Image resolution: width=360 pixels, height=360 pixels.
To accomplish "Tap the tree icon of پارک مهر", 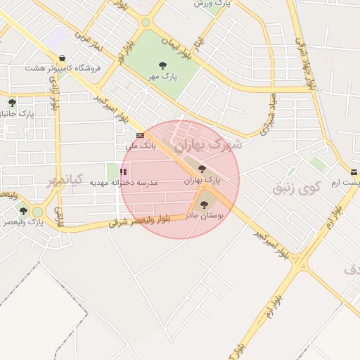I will [162, 65].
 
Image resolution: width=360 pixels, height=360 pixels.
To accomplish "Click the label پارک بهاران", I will [202, 181].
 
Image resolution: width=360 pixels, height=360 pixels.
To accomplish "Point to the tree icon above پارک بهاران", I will [202, 169].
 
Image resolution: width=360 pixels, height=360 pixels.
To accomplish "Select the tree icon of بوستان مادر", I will [205, 205].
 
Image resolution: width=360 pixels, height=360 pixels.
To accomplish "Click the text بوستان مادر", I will [205, 217].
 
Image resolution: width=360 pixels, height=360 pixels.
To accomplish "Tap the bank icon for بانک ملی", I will [141, 135].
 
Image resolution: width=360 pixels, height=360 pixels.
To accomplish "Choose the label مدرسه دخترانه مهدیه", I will [124, 182].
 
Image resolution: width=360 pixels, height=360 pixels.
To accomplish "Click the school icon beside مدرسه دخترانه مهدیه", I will [124, 172].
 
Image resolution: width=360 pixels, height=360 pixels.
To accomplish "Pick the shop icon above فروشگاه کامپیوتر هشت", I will [63, 58].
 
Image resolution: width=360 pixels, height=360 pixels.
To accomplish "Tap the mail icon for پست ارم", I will [354, 172].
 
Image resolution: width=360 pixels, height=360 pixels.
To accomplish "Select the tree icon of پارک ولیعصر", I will [23, 211].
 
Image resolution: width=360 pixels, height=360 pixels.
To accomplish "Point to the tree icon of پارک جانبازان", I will [12, 103].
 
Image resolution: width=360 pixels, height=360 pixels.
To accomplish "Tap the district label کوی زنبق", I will [296, 188].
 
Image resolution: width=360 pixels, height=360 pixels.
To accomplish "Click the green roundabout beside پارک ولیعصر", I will [37, 212].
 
